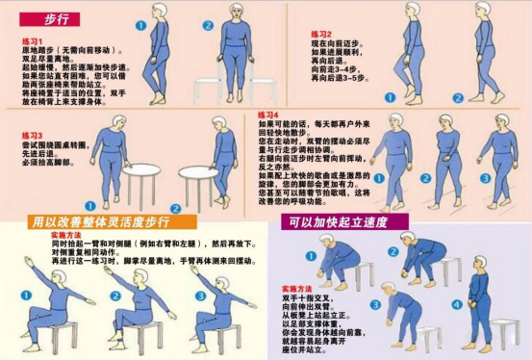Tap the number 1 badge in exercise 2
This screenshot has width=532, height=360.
390,97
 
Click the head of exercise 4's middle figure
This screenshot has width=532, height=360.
445,123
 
